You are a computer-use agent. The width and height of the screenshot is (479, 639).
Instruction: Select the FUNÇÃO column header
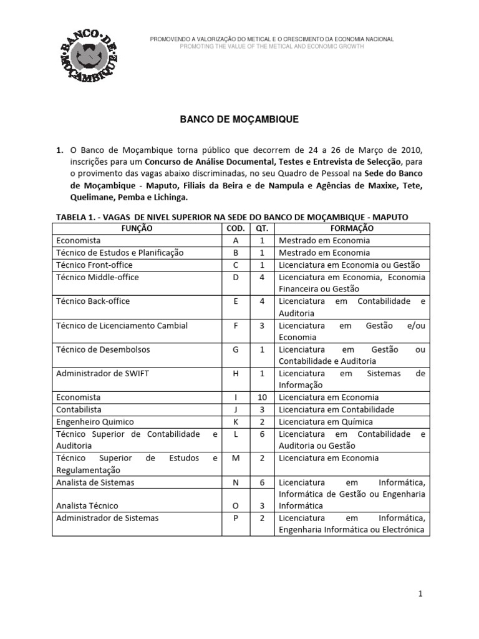(137, 228)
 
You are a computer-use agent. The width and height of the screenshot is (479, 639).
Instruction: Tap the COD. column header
(236, 228)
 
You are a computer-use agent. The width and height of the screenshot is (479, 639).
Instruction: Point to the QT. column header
(262, 228)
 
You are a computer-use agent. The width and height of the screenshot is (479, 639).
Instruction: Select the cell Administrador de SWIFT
(103, 374)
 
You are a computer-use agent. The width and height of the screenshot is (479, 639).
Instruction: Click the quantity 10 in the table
(262, 398)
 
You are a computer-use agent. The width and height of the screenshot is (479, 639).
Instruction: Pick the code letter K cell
(236, 422)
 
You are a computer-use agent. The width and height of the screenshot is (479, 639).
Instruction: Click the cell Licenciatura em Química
(328, 422)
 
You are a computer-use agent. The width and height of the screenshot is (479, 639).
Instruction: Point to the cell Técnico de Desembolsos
(103, 349)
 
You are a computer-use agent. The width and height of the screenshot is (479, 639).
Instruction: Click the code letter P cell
(236, 518)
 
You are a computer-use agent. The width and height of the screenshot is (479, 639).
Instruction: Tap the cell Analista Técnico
(87, 505)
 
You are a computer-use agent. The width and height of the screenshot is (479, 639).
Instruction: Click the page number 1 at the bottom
(421, 595)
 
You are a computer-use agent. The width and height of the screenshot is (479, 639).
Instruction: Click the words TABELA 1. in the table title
(78, 216)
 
